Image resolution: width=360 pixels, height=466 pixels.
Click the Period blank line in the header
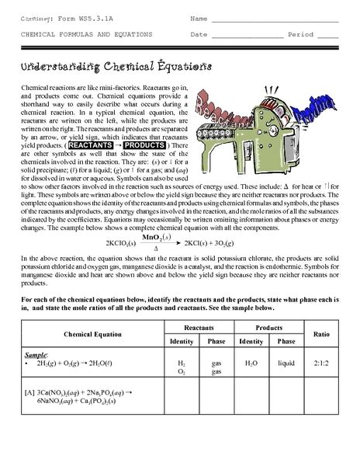tap(327, 36)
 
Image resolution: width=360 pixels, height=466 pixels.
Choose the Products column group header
tap(268, 329)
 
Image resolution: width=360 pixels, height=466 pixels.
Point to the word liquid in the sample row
tap(288, 362)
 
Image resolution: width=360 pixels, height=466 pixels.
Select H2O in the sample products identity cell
tap(250, 362)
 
